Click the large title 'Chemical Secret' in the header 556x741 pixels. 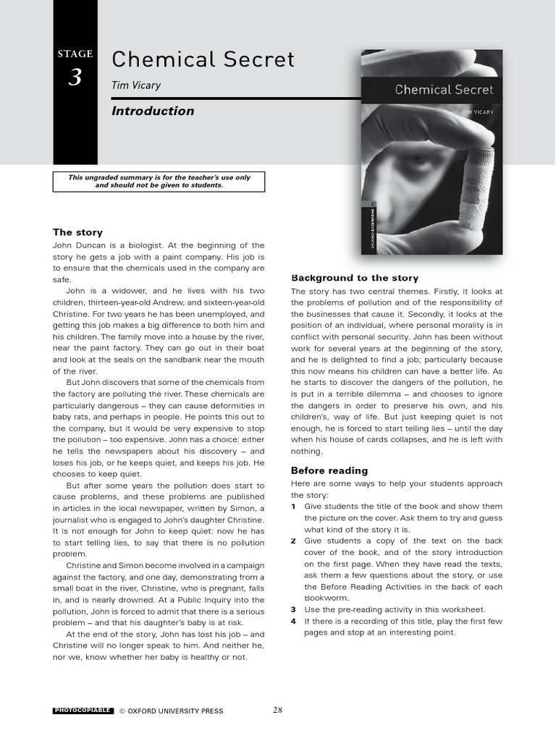coord(203,59)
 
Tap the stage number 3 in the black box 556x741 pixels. coord(75,77)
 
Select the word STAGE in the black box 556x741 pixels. coord(75,54)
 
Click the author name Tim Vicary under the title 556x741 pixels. coord(135,85)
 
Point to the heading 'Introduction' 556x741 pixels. coord(153,111)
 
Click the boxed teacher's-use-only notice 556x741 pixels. coord(159,181)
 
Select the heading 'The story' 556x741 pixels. coord(77,232)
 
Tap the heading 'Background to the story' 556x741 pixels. coord(354,278)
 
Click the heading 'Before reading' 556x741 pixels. coord(329,470)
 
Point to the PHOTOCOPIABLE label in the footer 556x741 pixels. coord(83,711)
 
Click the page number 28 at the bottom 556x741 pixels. coord(277,710)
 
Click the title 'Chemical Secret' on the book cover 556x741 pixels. coord(444,90)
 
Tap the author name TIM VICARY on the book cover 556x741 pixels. coord(477,111)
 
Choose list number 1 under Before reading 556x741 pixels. coord(293,507)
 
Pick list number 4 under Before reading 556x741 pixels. coord(293,621)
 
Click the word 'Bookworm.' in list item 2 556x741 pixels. coord(325,598)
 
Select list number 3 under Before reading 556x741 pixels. coord(293,609)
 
